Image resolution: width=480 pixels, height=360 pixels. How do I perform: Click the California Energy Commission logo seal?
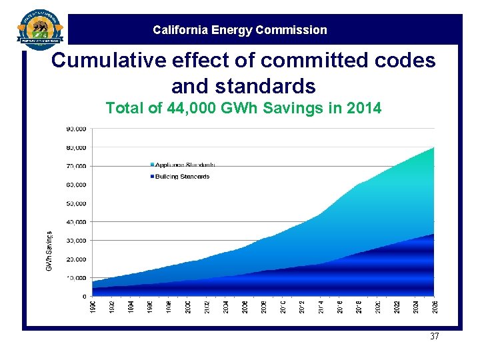(x=40, y=30)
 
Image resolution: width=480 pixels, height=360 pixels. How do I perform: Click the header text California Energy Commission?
(x=240, y=30)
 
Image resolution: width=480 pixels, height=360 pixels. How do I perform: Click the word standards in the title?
(x=243, y=86)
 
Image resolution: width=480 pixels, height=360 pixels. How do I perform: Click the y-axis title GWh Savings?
(x=49, y=251)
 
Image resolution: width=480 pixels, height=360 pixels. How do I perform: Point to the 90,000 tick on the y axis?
(x=76, y=129)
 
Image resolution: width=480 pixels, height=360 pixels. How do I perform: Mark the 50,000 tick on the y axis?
(x=76, y=203)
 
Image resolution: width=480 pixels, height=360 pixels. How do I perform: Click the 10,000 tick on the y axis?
(x=76, y=277)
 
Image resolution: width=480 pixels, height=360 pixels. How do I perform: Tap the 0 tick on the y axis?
(x=83, y=296)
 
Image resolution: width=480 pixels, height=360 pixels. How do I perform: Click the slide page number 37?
(x=435, y=337)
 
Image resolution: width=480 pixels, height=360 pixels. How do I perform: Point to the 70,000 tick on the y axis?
(x=76, y=166)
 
